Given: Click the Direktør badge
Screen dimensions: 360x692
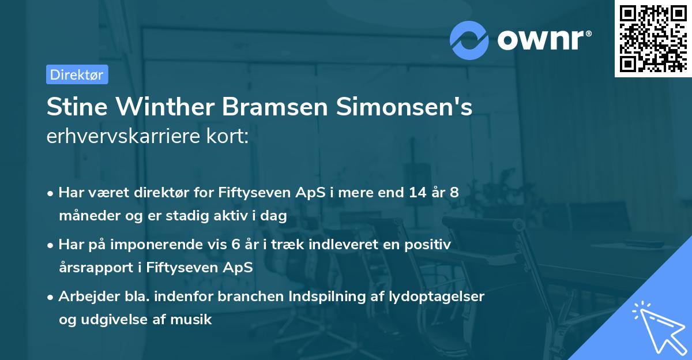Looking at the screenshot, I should click(77, 74).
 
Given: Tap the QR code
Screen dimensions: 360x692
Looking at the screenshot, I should click(653, 38).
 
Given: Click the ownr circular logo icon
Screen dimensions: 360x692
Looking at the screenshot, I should click(469, 40).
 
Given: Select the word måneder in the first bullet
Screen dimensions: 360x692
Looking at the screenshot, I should click(86, 216).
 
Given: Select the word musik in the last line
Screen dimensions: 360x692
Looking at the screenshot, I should click(195, 320).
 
